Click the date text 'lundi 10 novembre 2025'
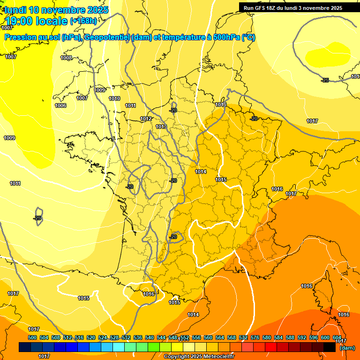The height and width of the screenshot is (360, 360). (57, 10)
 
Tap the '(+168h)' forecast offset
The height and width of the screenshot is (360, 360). (83, 21)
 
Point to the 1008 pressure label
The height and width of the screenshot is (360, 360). (66, 58)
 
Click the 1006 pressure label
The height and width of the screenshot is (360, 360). (60, 105)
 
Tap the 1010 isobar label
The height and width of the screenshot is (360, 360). (114, 98)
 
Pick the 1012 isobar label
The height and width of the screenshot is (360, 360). (146, 119)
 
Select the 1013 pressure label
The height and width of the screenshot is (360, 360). (161, 127)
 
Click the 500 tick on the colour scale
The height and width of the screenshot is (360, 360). (32, 337)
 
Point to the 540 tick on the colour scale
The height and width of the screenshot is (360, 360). (150, 337)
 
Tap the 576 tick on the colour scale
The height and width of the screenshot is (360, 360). (255, 337)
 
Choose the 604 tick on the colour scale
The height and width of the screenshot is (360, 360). (337, 337)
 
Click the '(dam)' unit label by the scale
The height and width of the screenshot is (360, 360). (347, 347)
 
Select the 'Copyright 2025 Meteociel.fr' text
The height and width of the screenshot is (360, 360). (199, 357)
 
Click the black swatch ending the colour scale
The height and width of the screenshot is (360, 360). (330, 347)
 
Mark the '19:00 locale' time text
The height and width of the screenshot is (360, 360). (36, 21)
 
